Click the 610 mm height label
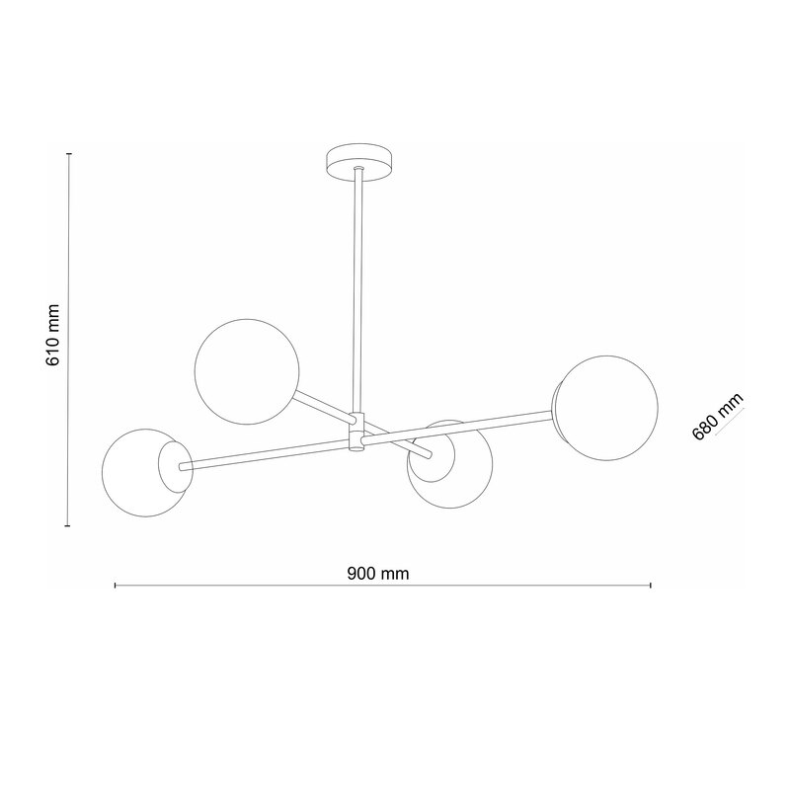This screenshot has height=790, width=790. point(53,335)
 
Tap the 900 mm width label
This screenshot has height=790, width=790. point(378,574)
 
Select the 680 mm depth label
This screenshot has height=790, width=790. point(718,416)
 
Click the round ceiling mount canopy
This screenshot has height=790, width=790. point(358,163)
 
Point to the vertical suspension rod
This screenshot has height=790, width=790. point(358,290)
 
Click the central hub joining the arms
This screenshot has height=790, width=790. point(357,432)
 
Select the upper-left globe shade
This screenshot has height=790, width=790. point(247,371)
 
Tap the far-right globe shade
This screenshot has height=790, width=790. point(606,408)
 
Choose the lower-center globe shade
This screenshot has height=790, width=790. point(450,464)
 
